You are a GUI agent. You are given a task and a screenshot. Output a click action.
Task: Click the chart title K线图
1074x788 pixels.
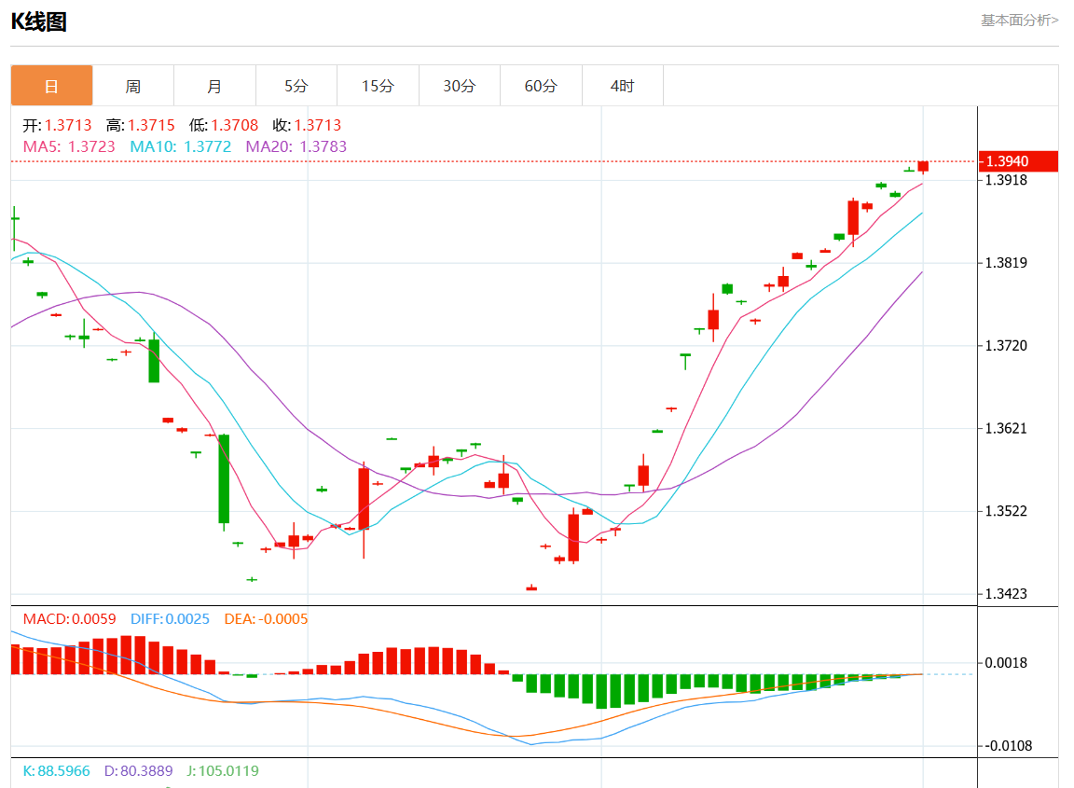pyautogui.click(x=39, y=22)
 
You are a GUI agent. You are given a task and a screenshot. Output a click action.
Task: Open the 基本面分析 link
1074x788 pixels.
pyautogui.click(x=1019, y=20)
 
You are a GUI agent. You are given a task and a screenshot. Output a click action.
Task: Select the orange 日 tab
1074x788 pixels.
pyautogui.click(x=51, y=86)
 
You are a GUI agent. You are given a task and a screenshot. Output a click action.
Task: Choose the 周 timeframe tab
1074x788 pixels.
pyautogui.click(x=133, y=86)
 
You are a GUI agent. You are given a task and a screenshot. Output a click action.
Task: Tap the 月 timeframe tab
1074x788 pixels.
pyautogui.click(x=214, y=86)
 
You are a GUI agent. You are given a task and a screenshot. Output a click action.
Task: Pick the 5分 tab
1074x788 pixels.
pyautogui.click(x=296, y=86)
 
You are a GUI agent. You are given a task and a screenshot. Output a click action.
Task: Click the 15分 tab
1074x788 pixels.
pyautogui.click(x=378, y=86)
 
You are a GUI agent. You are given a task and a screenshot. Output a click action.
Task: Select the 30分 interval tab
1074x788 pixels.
pyautogui.click(x=459, y=86)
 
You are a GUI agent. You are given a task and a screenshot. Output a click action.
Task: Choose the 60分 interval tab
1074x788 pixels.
pyautogui.click(x=541, y=86)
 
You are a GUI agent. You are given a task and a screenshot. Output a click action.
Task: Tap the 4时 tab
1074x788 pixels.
pyautogui.click(x=622, y=86)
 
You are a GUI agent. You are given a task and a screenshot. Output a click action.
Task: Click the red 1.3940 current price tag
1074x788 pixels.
pyautogui.click(x=1018, y=161)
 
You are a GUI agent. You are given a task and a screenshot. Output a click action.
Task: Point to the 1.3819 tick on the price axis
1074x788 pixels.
pyautogui.click(x=1007, y=263)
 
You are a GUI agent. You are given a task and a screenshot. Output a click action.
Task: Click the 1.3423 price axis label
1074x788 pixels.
pyautogui.click(x=1007, y=594)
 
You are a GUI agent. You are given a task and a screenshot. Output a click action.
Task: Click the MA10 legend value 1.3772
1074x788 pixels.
pyautogui.click(x=207, y=146)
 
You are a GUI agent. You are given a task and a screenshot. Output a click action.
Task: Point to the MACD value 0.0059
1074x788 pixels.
pyautogui.click(x=93, y=619)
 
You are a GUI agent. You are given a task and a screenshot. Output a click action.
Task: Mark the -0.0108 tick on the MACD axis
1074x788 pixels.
pyautogui.click(x=1010, y=746)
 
